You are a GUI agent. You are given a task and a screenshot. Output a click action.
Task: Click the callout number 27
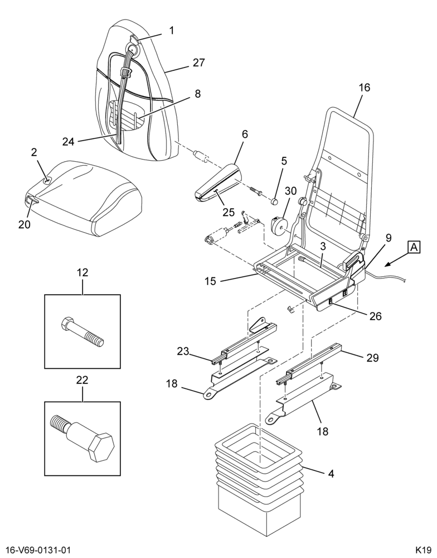[199, 62]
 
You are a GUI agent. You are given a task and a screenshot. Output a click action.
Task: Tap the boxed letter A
[414, 247]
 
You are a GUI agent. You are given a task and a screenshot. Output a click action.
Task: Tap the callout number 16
[364, 88]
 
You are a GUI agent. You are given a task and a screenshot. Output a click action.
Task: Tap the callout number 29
[373, 358]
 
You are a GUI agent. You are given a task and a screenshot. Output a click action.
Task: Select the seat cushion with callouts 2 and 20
[82, 197]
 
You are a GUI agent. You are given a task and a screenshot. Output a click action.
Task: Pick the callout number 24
[68, 142]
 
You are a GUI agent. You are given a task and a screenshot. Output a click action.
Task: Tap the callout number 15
[210, 281]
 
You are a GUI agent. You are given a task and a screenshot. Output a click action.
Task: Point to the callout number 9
[389, 238]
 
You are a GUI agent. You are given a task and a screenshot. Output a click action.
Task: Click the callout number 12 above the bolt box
[82, 273]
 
